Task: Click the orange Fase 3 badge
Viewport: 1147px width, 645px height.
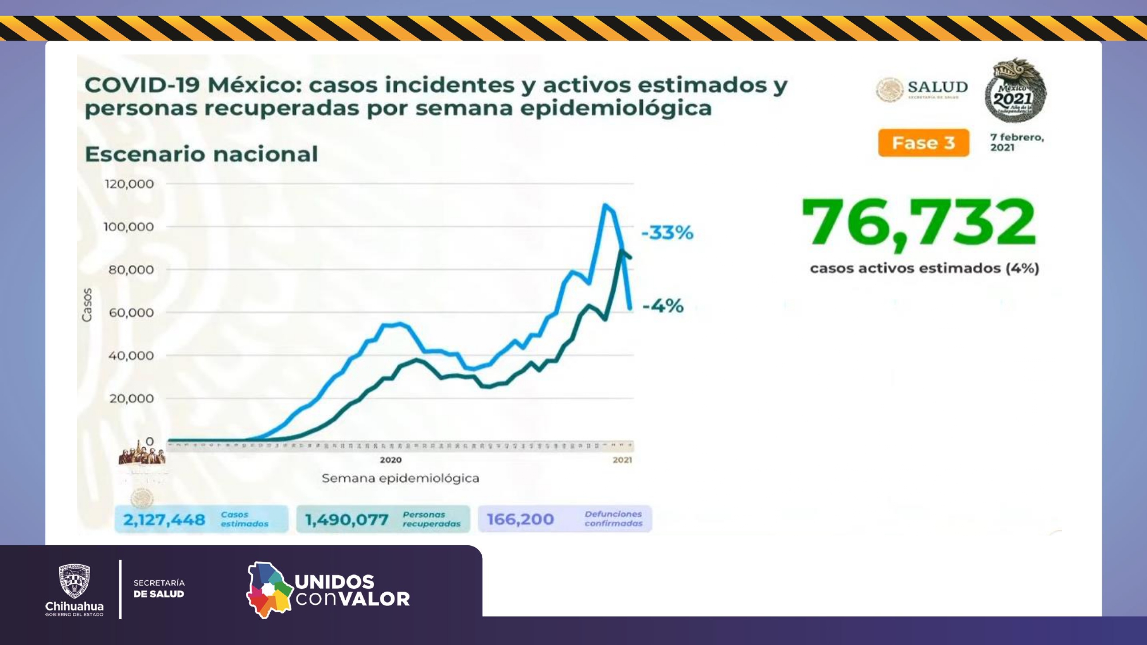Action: pos(923,143)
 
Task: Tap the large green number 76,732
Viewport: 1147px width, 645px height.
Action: pos(919,223)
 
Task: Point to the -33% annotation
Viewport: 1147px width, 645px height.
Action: pos(667,233)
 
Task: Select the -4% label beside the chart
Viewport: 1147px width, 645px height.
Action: pos(663,306)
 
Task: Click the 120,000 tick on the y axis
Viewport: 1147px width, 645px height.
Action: pos(129,184)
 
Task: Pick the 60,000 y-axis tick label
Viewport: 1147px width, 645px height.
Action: pos(131,312)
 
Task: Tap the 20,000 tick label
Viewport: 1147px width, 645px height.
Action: pos(131,398)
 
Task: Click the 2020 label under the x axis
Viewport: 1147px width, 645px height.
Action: pos(391,460)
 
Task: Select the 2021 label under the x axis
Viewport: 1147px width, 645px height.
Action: pos(622,460)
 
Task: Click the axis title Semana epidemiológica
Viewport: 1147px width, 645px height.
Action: pos(400,478)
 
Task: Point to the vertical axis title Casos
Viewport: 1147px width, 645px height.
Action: pos(87,305)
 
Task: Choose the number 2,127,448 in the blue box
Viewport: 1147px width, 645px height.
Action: pos(164,520)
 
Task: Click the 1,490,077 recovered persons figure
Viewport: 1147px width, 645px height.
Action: pos(346,520)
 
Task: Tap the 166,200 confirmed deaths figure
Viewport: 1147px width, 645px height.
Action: pos(520,519)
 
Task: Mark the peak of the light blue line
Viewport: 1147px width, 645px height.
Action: pos(604,205)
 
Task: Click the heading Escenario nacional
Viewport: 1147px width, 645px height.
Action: pos(201,154)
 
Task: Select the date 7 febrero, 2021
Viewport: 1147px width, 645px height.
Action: pos(1017,142)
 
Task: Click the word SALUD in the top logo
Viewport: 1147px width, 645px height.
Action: pos(938,87)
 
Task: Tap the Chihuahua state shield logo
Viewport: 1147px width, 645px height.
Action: pos(75,581)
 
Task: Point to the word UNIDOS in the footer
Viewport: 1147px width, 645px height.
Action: pos(334,582)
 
